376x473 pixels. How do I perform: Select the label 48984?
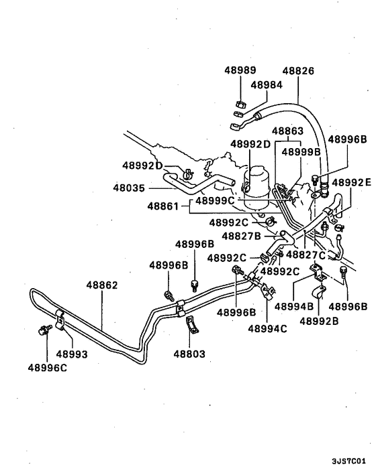coord(267,85)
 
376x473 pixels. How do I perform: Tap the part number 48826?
coord(297,70)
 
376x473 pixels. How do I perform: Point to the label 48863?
coord(287,131)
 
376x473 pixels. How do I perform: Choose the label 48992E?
coord(350,182)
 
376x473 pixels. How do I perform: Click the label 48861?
coord(164,208)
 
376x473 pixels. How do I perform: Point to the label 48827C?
coord(305,255)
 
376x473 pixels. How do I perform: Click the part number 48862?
coord(101,285)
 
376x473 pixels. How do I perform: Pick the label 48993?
coord(71,353)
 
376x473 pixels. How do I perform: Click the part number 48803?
coord(190,353)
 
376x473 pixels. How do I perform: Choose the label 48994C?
coord(267,328)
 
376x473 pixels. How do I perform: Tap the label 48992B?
coord(319,320)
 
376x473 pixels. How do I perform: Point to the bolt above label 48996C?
coord(46,330)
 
